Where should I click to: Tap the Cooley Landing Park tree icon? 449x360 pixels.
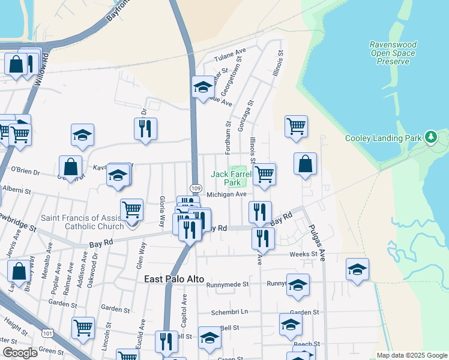pyautogui.click(x=430, y=138)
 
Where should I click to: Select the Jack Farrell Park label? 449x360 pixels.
pyautogui.click(x=226, y=178)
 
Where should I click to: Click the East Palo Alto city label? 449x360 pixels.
pyautogui.click(x=175, y=280)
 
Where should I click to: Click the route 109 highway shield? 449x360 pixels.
pyautogui.click(x=196, y=188)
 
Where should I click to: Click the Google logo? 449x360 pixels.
pyautogui.click(x=20, y=353)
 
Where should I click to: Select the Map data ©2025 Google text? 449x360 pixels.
pyautogui.click(x=412, y=355)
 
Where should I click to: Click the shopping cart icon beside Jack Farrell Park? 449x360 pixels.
pyautogui.click(x=265, y=175)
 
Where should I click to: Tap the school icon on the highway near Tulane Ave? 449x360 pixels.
pyautogui.click(x=203, y=87)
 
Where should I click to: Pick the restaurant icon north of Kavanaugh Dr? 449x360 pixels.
pyautogui.click(x=146, y=128)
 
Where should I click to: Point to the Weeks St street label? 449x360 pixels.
pyautogui.click(x=303, y=254)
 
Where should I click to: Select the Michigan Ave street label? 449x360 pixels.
pyautogui.click(x=227, y=194)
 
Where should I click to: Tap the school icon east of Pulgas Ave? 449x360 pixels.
pyautogui.click(x=357, y=269)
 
